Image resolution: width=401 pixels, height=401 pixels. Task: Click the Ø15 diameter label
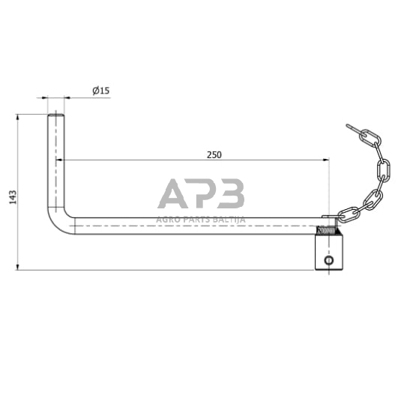coord(101,91)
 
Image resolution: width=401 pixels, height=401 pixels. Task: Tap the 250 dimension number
coord(214,155)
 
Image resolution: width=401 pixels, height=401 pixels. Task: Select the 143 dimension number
coord(13,197)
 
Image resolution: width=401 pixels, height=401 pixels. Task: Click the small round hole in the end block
coord(328,261)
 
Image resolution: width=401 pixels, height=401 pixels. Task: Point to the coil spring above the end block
coord(326,230)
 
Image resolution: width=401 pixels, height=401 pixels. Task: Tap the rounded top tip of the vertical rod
coord(56,116)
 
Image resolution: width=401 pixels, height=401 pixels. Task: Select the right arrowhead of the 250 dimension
coord(326,160)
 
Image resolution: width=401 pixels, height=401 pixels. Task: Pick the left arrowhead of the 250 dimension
coord(59,160)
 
